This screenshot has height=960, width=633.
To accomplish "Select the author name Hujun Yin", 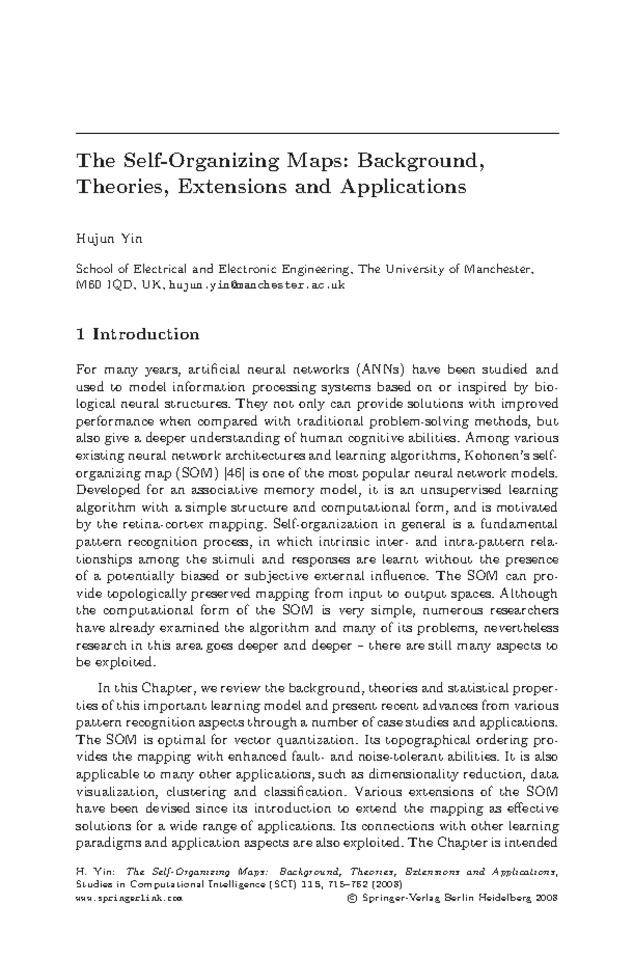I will click(110, 239).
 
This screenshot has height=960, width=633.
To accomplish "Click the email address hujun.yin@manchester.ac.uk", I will click(256, 285).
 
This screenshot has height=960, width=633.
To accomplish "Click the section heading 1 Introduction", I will click(138, 334).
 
